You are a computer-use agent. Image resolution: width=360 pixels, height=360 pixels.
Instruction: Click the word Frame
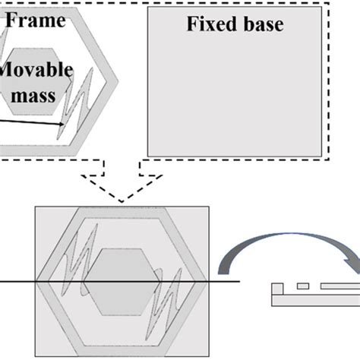pos(36,21)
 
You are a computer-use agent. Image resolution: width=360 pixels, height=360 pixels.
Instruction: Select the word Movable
pos(36,70)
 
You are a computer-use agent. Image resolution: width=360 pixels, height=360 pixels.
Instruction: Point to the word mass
pos(33,96)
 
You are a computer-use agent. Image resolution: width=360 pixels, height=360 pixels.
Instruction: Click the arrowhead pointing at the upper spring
pos(62,124)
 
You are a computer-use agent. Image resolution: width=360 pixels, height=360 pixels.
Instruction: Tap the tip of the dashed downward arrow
pos(122,202)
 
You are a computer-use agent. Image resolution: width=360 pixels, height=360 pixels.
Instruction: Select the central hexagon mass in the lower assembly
pos(122,282)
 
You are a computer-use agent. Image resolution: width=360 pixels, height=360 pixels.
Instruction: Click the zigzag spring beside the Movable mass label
pos(75,103)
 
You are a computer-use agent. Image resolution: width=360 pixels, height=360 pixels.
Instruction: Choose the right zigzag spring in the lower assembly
pos(165,304)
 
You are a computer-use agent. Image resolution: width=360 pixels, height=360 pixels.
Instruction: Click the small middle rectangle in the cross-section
pos(303,286)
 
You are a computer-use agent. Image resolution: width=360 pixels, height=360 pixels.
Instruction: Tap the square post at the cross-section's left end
pos(277,289)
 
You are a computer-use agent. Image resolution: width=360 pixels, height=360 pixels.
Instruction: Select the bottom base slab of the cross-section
pos(316,301)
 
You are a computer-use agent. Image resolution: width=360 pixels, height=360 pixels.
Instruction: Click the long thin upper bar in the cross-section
pos(340,286)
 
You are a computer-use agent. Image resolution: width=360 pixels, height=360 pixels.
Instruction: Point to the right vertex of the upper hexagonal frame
pos(118,81)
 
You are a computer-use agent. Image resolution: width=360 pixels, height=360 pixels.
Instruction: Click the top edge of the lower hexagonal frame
pos(122,213)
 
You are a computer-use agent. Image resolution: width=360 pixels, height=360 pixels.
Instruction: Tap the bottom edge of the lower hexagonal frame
pos(122,351)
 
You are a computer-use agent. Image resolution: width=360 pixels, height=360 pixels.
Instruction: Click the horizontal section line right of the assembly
pos(224,281)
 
